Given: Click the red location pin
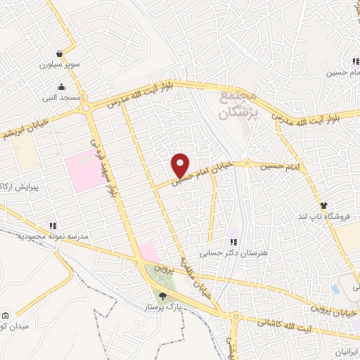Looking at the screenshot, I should tap(181, 165).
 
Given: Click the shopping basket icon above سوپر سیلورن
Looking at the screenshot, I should tap(62, 53).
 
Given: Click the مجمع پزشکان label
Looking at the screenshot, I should tap(238, 103).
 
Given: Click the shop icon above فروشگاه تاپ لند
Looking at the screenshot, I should tap(323, 205).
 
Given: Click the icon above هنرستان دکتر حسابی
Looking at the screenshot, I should tap(233, 242).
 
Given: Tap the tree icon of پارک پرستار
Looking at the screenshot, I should tap(163, 297).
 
